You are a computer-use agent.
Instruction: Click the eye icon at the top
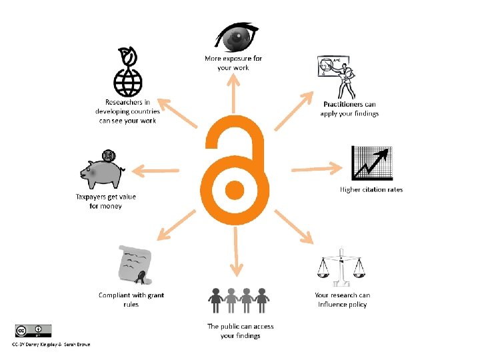[x=233, y=36]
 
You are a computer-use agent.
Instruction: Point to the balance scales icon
[x=341, y=267]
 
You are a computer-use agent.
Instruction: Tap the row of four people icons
[x=239, y=301]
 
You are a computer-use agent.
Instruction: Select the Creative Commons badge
[x=33, y=331]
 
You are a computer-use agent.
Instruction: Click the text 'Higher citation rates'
[x=371, y=190]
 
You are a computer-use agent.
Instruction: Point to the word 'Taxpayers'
[x=92, y=197]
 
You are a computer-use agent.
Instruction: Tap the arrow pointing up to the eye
[x=233, y=94]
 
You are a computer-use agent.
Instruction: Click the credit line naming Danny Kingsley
[x=50, y=344]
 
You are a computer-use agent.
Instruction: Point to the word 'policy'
[x=357, y=305]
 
